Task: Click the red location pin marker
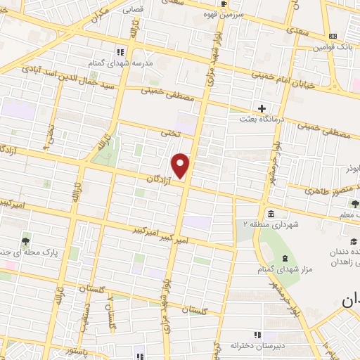coord(181,166)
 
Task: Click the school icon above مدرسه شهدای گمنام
coord(120,52)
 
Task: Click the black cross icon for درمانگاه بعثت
coord(262,109)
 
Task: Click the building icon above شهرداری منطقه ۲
coord(271,214)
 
